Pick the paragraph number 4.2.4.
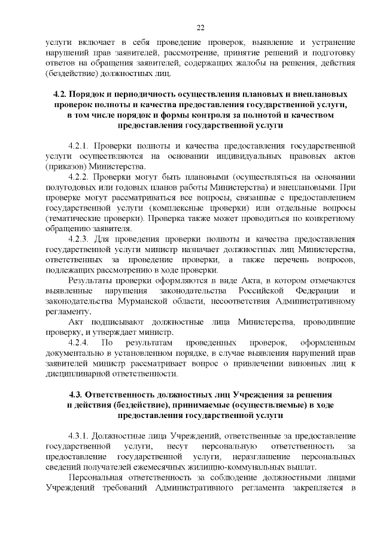click(x=80, y=343)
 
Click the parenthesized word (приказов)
click(x=64, y=166)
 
